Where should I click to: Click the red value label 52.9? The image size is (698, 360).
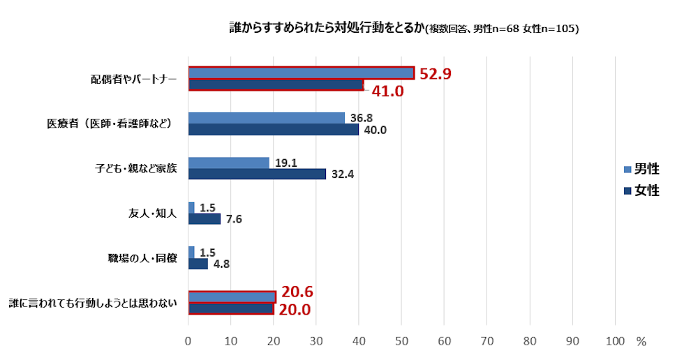click(x=436, y=73)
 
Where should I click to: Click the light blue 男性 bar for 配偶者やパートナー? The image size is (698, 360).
click(x=301, y=73)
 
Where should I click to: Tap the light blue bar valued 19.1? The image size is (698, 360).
click(x=229, y=163)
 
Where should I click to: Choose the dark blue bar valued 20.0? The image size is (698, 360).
click(x=230, y=309)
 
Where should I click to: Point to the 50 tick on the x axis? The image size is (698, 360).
click(x=401, y=341)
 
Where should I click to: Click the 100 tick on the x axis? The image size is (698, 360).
click(x=615, y=341)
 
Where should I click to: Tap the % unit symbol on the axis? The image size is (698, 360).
click(x=641, y=341)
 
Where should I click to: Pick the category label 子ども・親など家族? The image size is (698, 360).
click(x=136, y=168)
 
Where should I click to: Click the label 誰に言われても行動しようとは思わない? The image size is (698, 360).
click(x=92, y=303)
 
